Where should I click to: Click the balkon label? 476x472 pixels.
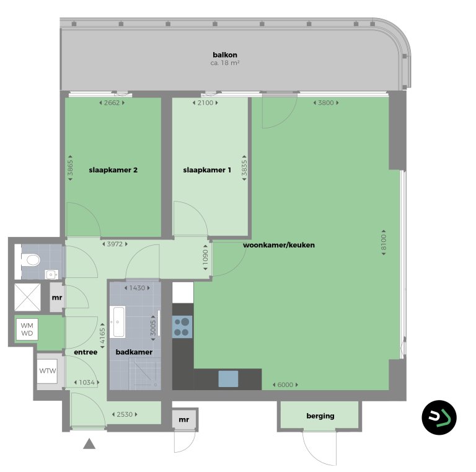pos(225,54)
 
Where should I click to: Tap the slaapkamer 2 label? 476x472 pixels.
pos(113,169)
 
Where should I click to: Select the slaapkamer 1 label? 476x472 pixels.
pos(207,169)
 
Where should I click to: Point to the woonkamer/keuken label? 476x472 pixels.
pos(279,245)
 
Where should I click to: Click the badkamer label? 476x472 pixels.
pos(134,352)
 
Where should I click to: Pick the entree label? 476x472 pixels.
pos(85,352)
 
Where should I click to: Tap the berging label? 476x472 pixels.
pos(320,416)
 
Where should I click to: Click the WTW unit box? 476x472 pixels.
pos(48,372)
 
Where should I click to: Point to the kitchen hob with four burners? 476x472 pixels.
pos(182,326)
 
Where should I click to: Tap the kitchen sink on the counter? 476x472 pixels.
pos(227,378)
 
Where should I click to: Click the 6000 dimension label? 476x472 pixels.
pos(284,385)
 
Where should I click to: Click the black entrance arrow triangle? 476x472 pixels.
pos(90,443)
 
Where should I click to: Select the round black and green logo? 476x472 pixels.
pos(439,417)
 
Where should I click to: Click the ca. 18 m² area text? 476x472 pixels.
pos(225,63)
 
